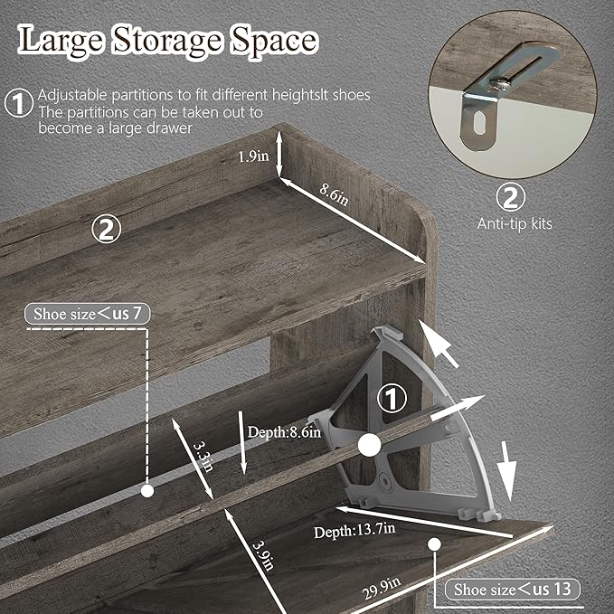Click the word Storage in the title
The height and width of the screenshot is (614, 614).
[167, 42]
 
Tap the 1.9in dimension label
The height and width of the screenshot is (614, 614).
[253, 156]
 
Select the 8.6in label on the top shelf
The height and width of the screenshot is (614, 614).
[334, 194]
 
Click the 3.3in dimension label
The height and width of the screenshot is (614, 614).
[203, 456]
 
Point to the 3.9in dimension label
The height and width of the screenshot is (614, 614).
[263, 555]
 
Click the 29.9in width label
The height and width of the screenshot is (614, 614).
[382, 588]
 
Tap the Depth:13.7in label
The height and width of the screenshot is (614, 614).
[354, 531]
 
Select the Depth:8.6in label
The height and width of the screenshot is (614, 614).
[284, 432]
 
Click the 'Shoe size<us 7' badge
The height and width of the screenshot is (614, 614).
[88, 314]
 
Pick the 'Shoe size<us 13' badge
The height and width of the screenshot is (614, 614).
[513, 589]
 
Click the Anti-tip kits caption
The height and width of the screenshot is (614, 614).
[515, 224]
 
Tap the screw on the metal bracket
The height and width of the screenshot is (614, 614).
[500, 82]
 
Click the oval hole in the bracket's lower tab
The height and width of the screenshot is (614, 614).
[479, 123]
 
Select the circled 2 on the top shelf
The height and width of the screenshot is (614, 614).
[106, 229]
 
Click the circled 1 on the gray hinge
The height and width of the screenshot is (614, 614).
[392, 399]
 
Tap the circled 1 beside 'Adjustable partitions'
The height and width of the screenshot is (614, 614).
[19, 103]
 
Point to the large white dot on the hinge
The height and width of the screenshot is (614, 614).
[369, 445]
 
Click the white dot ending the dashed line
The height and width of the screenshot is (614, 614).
[147, 491]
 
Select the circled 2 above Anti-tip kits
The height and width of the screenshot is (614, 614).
[511, 197]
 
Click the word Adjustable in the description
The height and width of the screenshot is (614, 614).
[72, 95]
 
